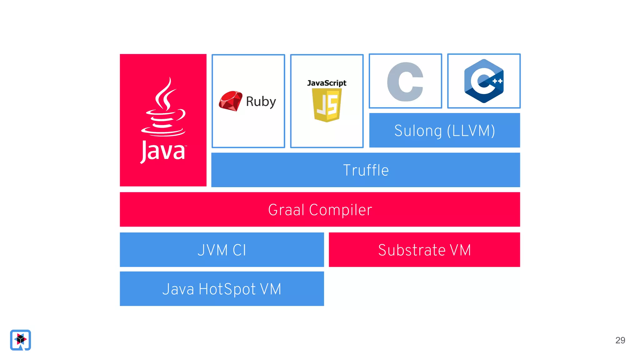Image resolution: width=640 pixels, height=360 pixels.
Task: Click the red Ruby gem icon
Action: [x=231, y=101]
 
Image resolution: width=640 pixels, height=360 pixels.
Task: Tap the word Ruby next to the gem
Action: [x=261, y=102]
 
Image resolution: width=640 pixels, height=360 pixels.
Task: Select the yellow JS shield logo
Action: [x=327, y=105]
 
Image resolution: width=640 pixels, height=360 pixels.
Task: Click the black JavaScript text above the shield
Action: [x=327, y=83]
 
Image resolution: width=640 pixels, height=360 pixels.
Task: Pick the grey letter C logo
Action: [x=405, y=82]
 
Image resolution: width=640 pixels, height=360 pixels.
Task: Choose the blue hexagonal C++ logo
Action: [x=483, y=81]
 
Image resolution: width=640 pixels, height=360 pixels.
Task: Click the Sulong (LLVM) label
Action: [x=444, y=131]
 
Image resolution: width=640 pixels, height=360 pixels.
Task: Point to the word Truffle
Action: [x=366, y=170]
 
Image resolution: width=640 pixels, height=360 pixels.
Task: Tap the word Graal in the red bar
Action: [x=286, y=210]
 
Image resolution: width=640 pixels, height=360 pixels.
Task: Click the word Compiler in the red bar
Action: [x=341, y=210]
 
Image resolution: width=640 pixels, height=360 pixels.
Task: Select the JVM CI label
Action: [x=222, y=250]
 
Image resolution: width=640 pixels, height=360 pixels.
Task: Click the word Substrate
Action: [x=412, y=250]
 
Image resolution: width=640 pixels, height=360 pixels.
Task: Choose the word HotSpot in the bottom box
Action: [x=227, y=289]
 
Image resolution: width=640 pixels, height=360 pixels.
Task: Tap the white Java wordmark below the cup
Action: [x=163, y=152]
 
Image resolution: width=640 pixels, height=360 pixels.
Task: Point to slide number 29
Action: [x=620, y=340]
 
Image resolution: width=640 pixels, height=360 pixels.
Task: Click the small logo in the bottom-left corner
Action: [x=20, y=340]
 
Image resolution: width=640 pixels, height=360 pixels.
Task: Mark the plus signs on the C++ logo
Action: [x=497, y=81]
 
